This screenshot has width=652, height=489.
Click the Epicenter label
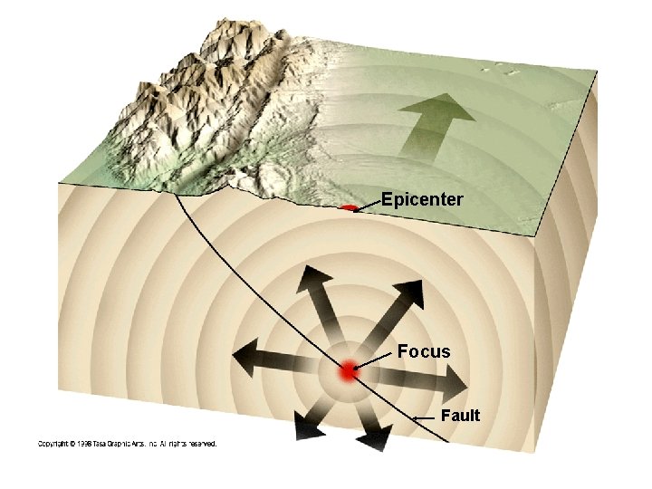(x=422, y=199)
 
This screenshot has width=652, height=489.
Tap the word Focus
(x=424, y=351)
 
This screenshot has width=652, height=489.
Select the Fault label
(x=460, y=416)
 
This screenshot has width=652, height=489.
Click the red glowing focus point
(x=350, y=370)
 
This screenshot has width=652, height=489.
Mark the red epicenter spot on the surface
(x=349, y=207)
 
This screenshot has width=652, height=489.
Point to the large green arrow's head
(x=437, y=108)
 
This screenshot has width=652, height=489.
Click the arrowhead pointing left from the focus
(x=244, y=357)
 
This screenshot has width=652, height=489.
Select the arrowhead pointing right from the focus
(x=455, y=385)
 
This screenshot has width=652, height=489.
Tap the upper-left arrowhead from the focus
(x=315, y=277)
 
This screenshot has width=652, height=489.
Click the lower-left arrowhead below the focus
(x=308, y=429)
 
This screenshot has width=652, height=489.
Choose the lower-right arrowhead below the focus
(x=377, y=437)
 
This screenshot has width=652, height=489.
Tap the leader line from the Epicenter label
(x=368, y=206)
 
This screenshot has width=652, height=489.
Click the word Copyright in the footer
(x=52, y=444)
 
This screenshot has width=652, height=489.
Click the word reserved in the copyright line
(x=203, y=444)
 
